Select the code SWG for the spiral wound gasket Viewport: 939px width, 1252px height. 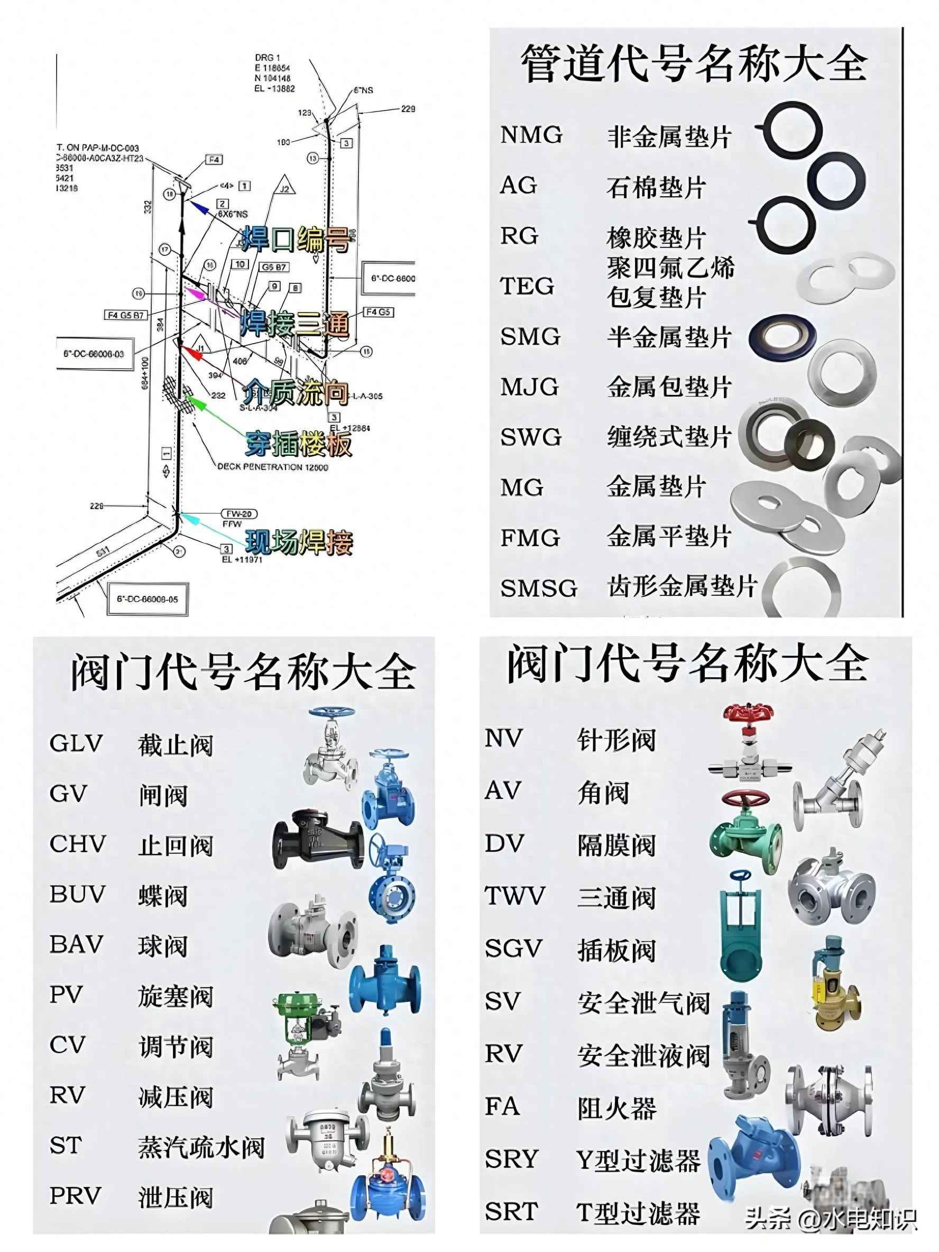coord(530,437)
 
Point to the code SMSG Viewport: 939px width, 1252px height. coord(538,588)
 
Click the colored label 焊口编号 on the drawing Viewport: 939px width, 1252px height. coord(296,240)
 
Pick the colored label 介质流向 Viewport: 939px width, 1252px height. coord(296,392)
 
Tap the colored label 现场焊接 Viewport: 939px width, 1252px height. coord(299,542)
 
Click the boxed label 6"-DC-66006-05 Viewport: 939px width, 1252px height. coord(147,599)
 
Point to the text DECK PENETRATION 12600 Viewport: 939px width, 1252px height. coord(273,467)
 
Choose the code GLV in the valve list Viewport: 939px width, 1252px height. coord(76,743)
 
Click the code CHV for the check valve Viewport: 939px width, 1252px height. coord(78,844)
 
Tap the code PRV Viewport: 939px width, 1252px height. coord(75,1195)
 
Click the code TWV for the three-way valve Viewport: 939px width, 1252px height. coord(514,896)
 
